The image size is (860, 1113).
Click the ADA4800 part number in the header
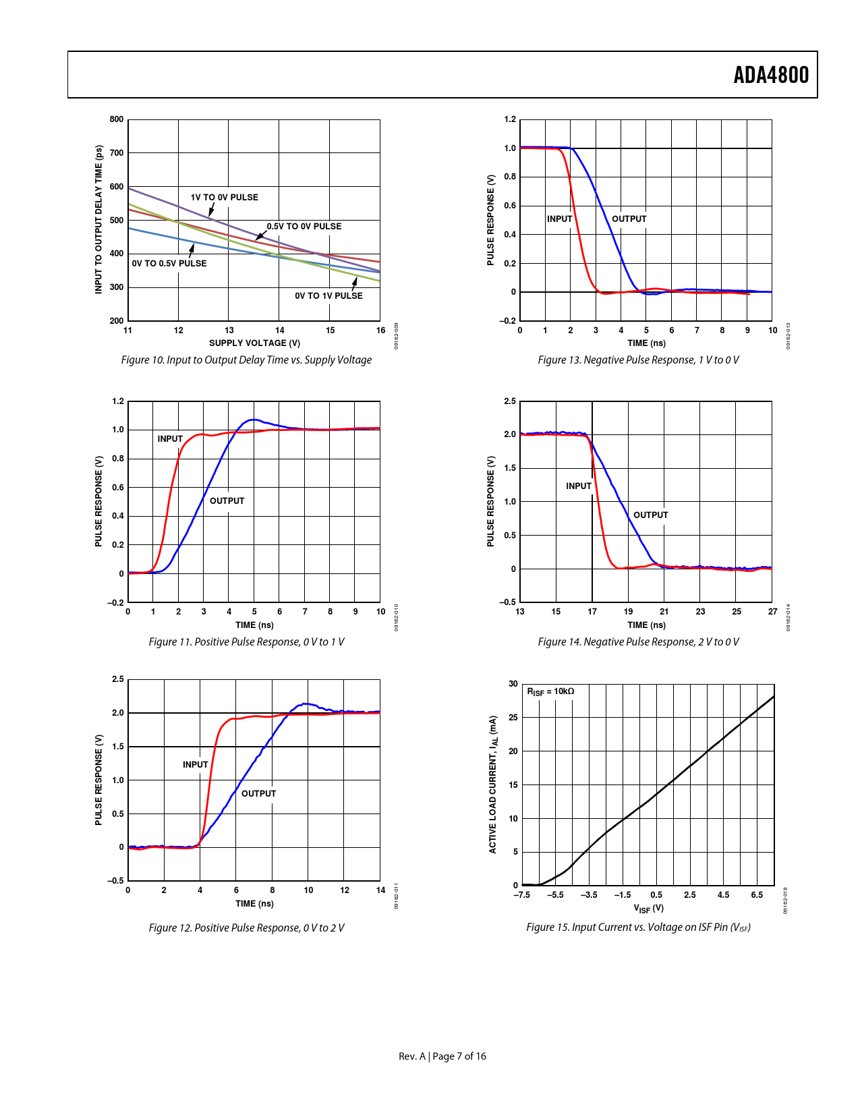[771, 75]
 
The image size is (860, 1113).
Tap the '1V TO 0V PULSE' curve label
[224, 198]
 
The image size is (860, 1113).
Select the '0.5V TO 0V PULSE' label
[304, 227]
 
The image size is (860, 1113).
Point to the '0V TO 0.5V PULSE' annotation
[169, 264]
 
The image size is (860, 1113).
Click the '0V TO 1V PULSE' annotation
[328, 296]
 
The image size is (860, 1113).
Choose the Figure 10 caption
[246, 360]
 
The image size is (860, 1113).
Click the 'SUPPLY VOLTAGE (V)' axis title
[254, 343]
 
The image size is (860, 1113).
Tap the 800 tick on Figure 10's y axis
[117, 119]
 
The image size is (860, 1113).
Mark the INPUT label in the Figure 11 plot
[170, 439]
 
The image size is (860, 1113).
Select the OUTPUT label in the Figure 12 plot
[258, 794]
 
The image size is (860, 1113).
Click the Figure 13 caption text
[638, 360]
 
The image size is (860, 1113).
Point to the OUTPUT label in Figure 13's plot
[629, 219]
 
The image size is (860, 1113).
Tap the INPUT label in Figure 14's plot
[578, 486]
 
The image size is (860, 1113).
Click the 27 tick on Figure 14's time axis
[772, 612]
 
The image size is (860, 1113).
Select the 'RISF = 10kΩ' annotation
[550, 692]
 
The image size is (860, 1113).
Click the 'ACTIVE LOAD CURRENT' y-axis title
[493, 784]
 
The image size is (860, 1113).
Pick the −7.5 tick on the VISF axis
[521, 895]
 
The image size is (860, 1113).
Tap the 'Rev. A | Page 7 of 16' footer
[442, 1056]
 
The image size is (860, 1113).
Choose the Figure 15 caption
[638, 927]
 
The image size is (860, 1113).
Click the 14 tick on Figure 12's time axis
[380, 890]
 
